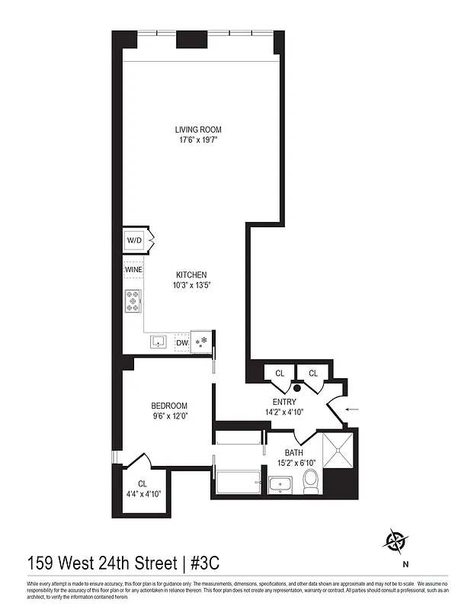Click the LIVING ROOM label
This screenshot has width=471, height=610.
click(x=198, y=130)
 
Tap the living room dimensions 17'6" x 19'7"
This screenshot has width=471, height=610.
click(x=198, y=140)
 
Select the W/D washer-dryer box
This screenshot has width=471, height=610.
click(x=135, y=241)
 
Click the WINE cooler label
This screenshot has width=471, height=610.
click(x=133, y=269)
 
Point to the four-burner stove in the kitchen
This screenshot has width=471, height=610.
click(x=134, y=301)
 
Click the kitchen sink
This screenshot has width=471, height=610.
click(x=159, y=342)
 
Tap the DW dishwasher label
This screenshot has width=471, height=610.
click(x=181, y=343)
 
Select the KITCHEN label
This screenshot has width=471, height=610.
click(x=191, y=275)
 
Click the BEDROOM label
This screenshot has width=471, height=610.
click(x=169, y=406)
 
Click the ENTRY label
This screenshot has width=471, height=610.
click(x=284, y=401)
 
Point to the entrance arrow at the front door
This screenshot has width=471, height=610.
click(x=352, y=409)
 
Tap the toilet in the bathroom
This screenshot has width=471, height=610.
click(x=310, y=481)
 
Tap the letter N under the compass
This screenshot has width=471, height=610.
click(x=405, y=565)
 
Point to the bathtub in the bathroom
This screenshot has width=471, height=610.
click(x=238, y=483)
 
